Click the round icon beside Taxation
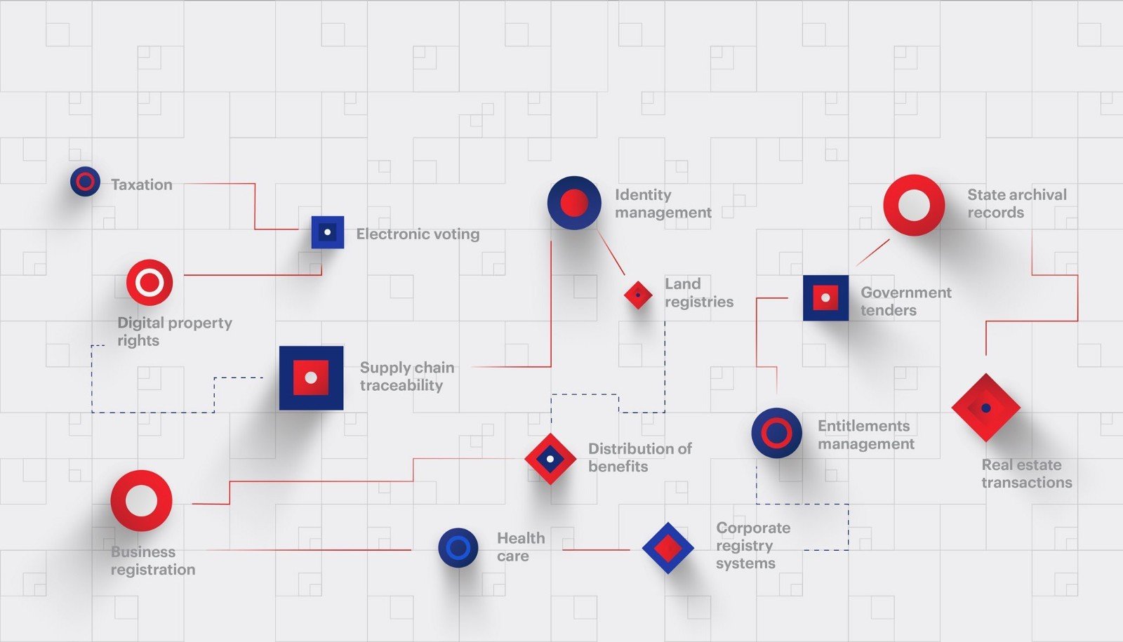point(85,182)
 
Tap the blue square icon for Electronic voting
point(328,232)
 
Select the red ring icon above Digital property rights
point(149,282)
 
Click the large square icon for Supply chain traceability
point(311,377)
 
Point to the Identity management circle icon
point(574,203)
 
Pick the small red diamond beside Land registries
point(638,295)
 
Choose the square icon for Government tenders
point(825,297)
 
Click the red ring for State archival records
point(914,205)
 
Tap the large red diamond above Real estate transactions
point(985,408)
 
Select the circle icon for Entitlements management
point(776,433)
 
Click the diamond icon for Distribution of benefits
point(550,459)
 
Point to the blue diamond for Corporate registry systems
point(667,548)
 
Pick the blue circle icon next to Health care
point(458,547)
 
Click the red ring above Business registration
point(141,501)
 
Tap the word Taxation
point(142,185)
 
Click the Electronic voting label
point(418,234)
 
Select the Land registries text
point(698,293)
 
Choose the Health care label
point(520,547)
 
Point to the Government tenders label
point(905,301)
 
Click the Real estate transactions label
point(1026,474)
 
